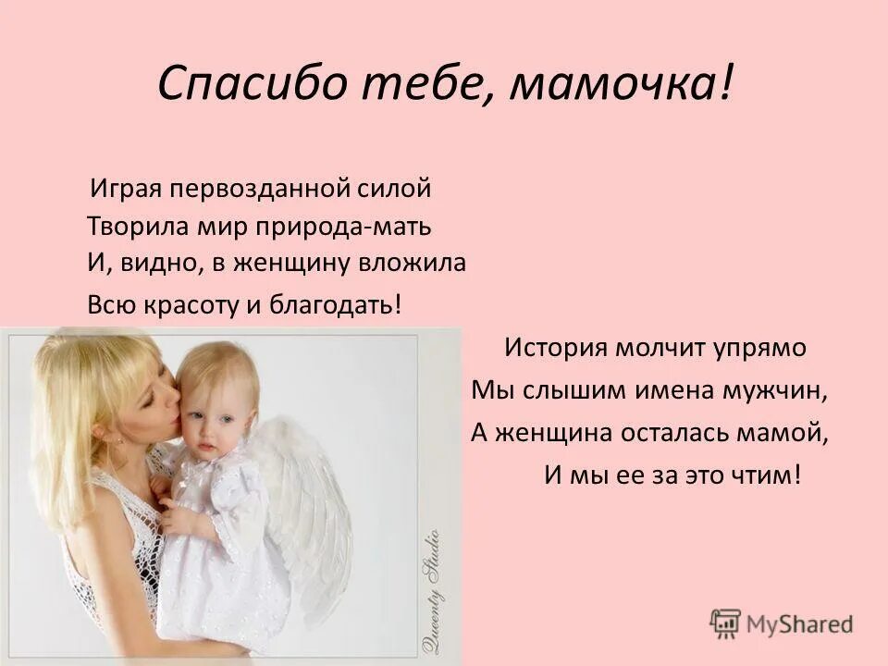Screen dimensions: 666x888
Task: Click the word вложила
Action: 420,263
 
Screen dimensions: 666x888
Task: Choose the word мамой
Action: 788,432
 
